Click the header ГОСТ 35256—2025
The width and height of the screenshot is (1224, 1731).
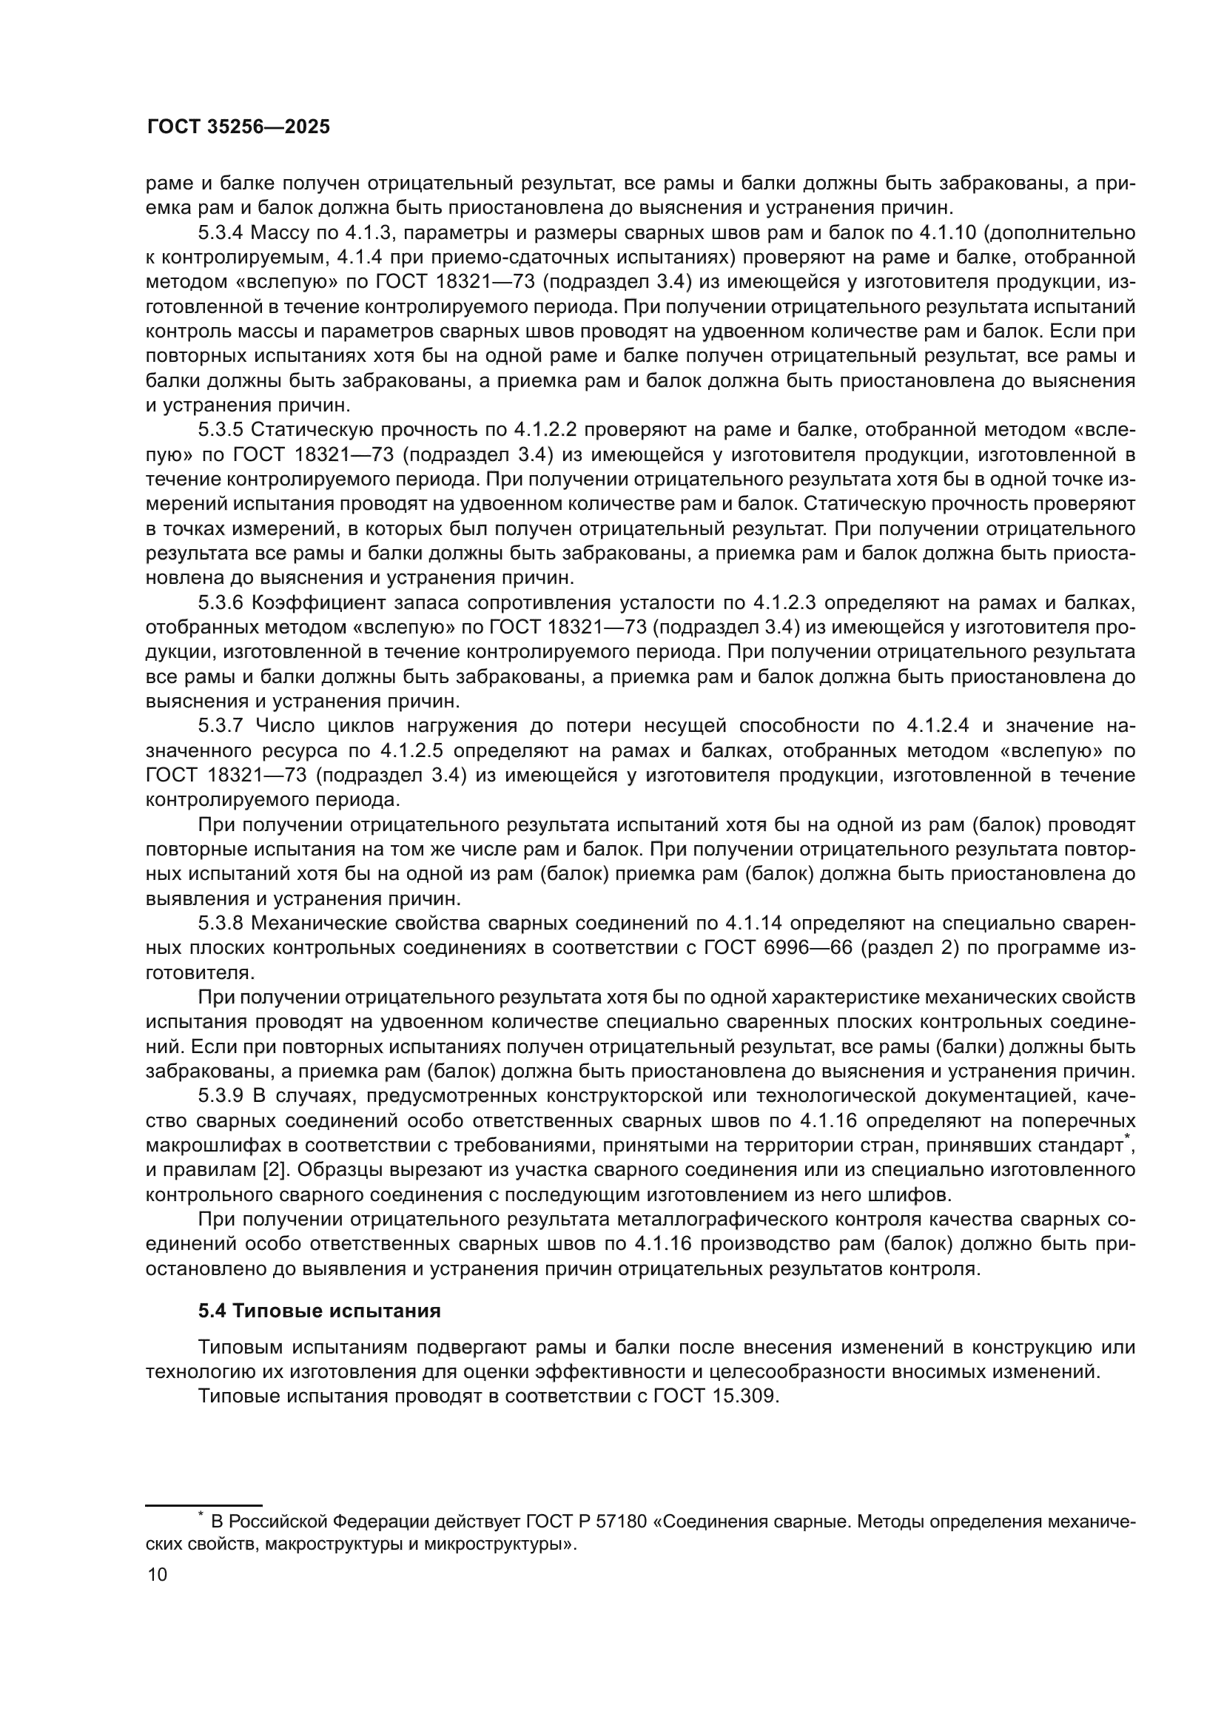pyautogui.click(x=238, y=127)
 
